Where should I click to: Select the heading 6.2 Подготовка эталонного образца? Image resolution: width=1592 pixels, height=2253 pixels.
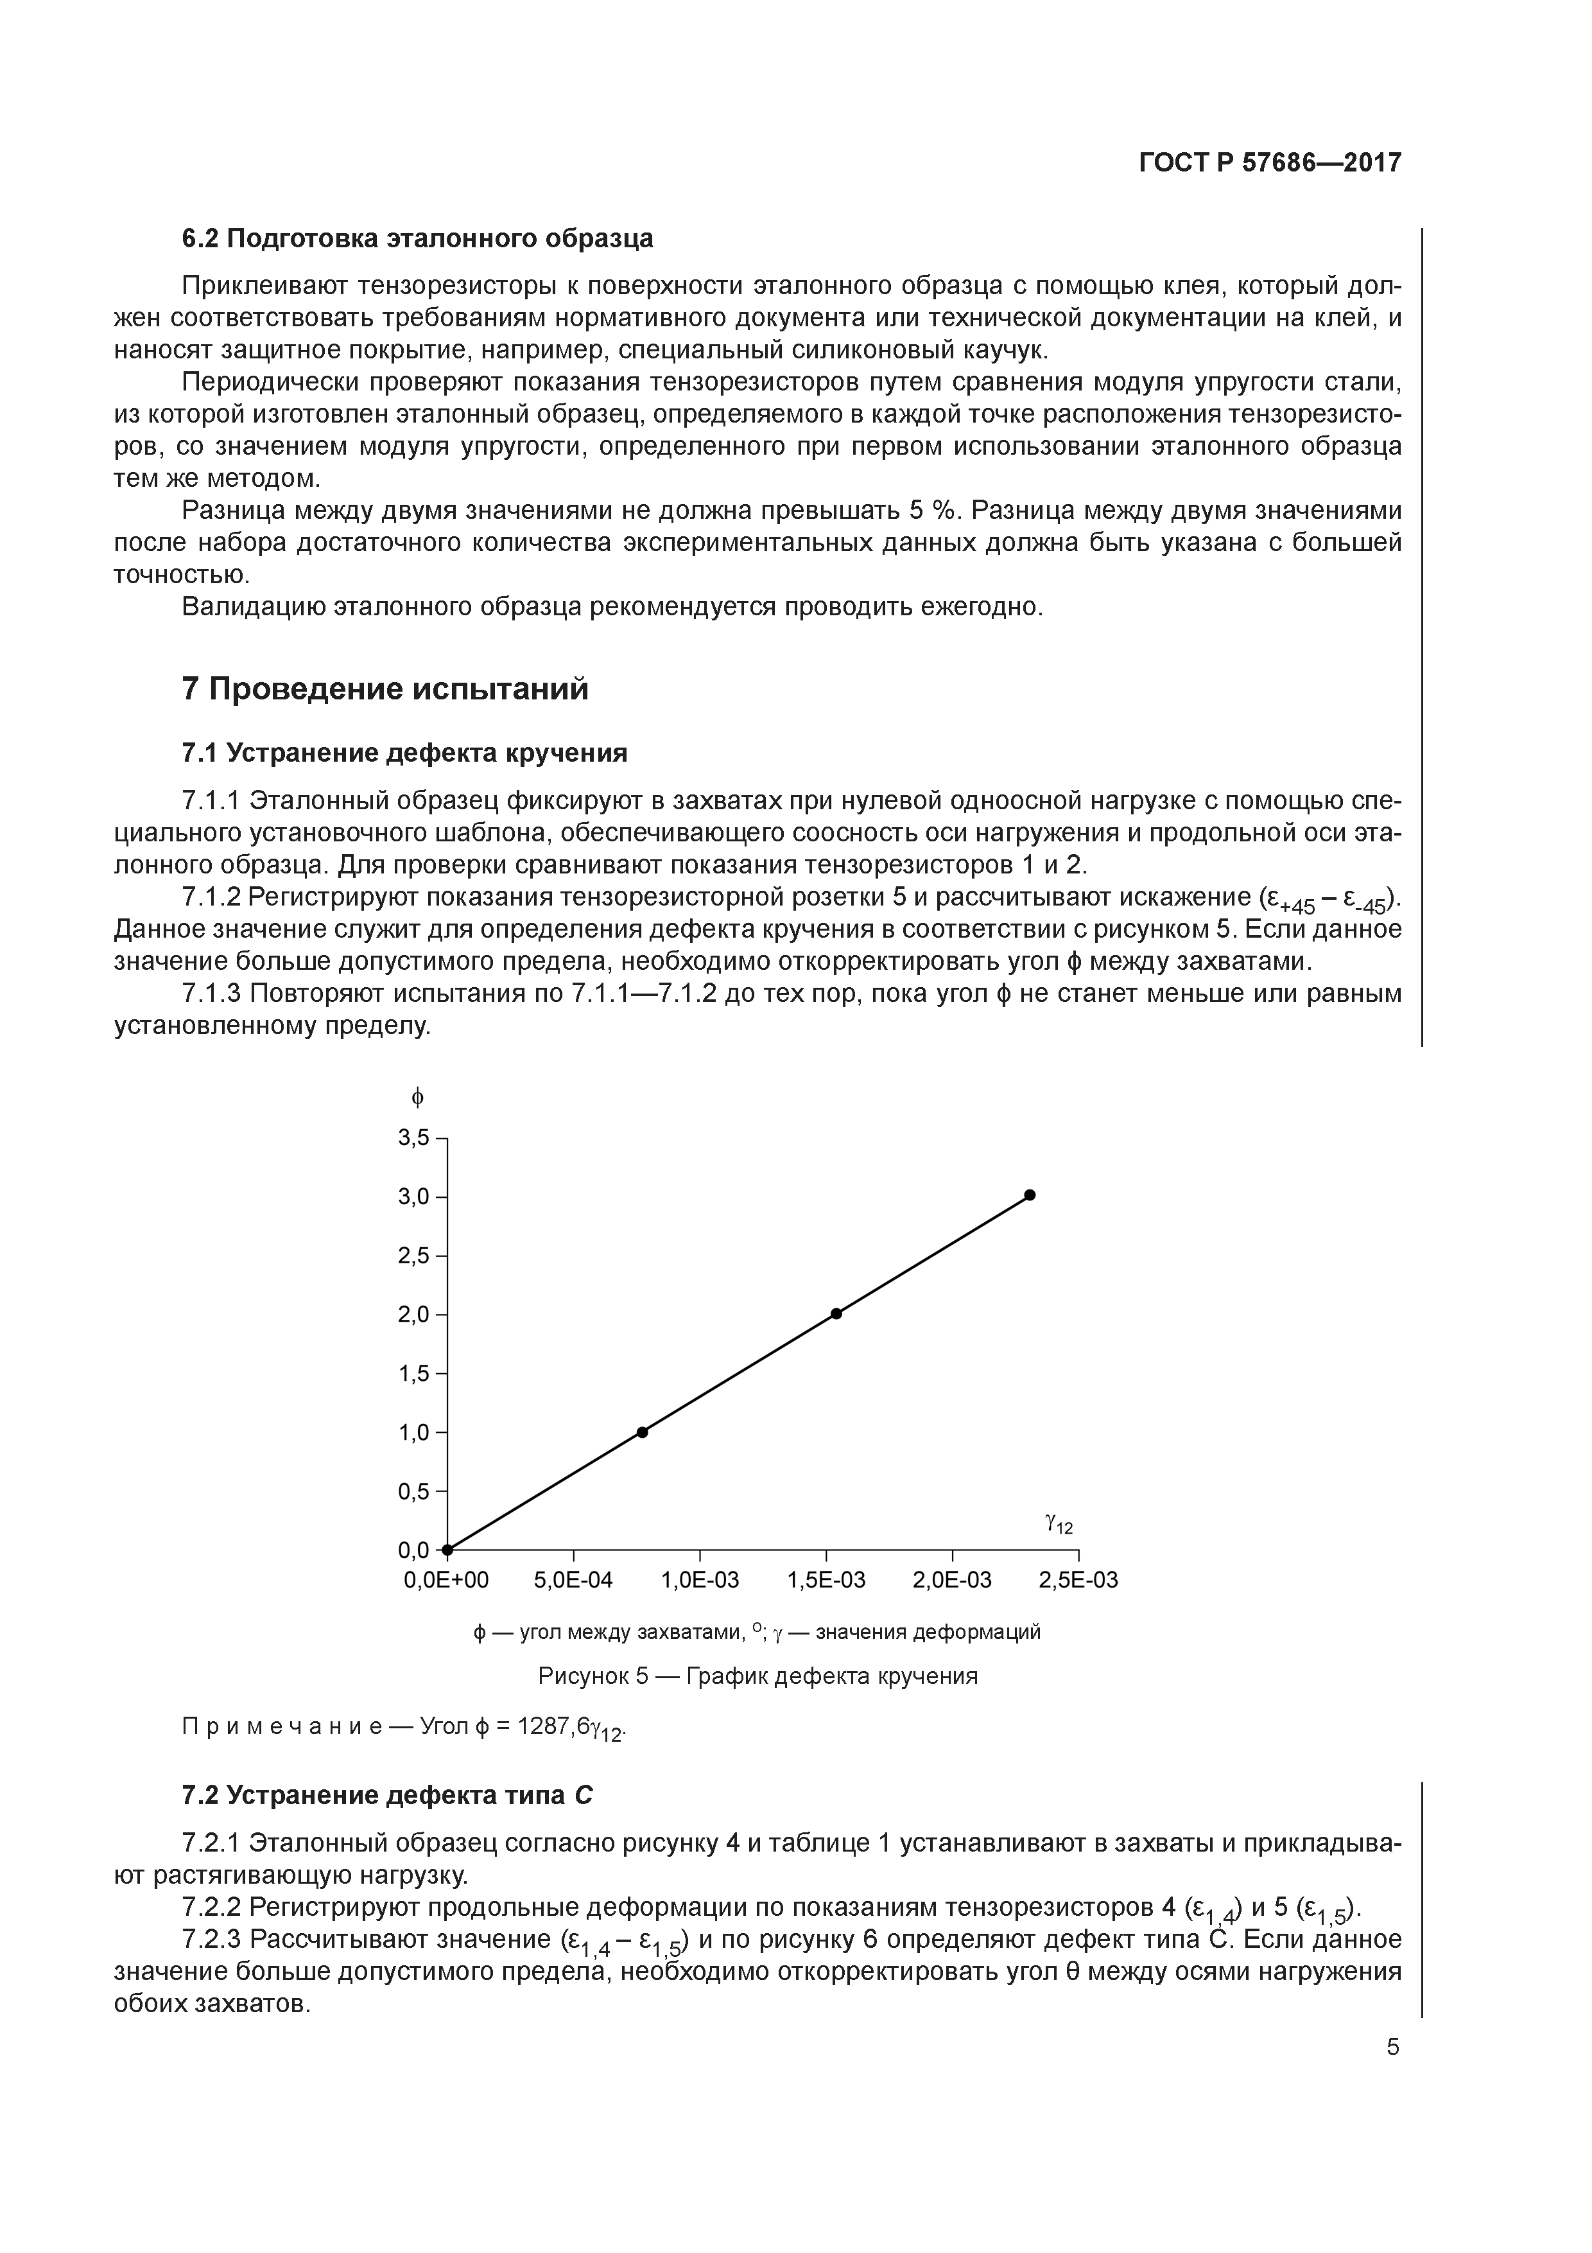[x=417, y=238]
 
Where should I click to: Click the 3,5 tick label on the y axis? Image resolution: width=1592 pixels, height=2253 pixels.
[x=413, y=1138]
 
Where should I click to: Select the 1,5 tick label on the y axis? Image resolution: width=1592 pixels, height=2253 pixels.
[x=413, y=1374]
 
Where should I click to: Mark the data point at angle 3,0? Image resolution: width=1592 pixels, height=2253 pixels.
[x=1030, y=1195]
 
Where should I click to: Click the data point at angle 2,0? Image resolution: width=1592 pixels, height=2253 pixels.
[x=836, y=1314]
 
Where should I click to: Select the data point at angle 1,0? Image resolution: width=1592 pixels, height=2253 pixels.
[x=643, y=1433]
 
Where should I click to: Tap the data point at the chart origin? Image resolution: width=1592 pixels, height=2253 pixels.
[x=447, y=1550]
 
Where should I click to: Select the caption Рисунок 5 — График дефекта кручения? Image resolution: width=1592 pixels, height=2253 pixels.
[x=757, y=1676]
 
